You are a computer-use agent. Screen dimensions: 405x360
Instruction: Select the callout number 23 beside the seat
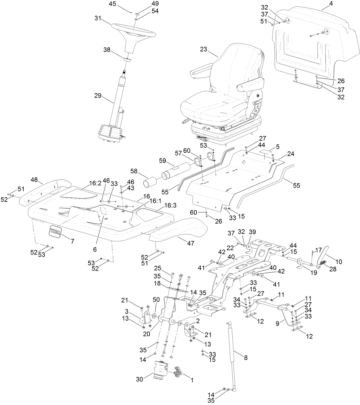point(203,49)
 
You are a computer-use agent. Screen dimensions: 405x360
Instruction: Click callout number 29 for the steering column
point(98,95)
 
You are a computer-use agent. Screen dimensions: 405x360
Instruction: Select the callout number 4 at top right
point(323,4)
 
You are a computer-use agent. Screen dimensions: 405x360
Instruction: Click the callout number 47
point(191,243)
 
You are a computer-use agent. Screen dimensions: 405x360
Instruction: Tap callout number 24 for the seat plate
point(290,154)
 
